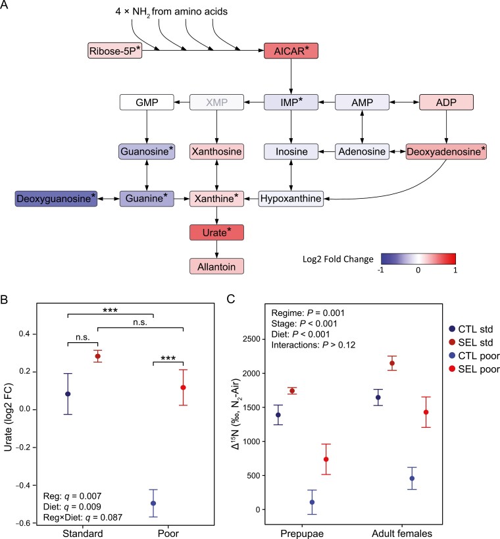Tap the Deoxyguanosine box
(x=57, y=197)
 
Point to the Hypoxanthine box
(x=290, y=197)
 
